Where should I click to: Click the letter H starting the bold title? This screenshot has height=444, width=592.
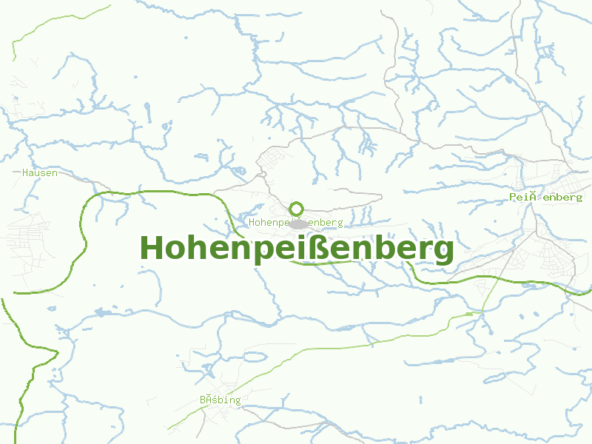point(151,248)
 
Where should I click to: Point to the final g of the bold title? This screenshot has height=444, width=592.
point(443,252)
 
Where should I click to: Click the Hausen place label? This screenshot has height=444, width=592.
point(40,172)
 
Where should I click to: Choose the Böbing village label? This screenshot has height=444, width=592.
point(220,400)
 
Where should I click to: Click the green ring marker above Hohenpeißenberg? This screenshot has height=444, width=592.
point(297,209)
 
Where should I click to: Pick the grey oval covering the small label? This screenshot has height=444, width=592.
point(299,223)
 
